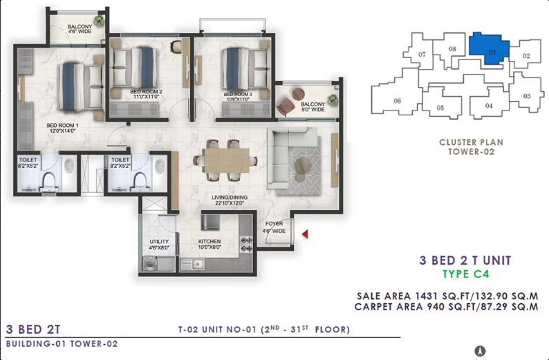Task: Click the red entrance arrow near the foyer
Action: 306,234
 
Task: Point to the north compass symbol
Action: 481,350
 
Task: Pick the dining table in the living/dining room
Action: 227,160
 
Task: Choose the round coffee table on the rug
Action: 303,164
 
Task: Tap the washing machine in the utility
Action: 150,264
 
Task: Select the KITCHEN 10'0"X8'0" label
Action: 210,244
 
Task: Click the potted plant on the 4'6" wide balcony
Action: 99,20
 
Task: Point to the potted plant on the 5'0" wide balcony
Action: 333,100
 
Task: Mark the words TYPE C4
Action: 465,274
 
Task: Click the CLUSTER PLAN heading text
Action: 471,142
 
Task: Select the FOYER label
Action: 274,224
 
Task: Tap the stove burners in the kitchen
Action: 246,244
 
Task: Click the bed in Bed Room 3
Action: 245,68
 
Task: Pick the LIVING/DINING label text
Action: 230,198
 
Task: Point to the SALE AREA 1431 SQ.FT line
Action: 447,296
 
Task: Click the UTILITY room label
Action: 159,242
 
